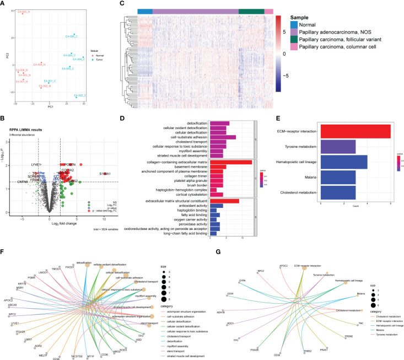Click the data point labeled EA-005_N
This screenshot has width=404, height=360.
[x=23, y=13]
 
